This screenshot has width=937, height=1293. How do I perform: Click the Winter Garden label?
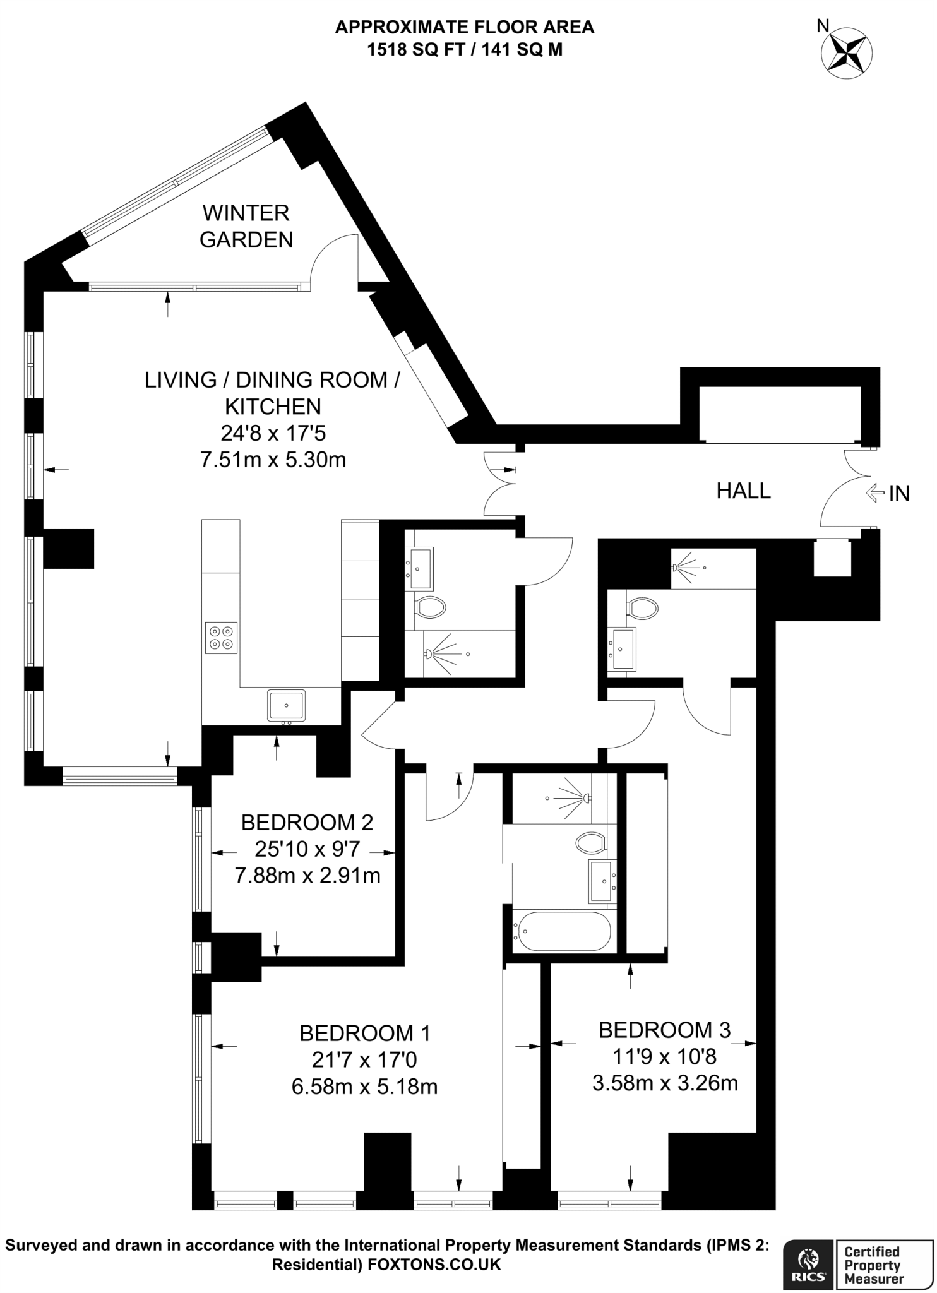pos(246,226)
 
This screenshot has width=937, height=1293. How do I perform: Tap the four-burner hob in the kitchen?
pos(221,637)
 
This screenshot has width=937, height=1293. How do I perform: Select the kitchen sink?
pos(286,705)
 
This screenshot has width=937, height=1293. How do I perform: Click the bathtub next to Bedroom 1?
pos(562,931)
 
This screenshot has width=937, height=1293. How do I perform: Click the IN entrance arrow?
pos(874,492)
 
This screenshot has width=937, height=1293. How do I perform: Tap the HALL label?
pos(743,491)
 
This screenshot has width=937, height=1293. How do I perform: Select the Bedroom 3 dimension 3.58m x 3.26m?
pos(664,1083)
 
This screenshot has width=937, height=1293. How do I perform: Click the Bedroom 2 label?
pos(307,822)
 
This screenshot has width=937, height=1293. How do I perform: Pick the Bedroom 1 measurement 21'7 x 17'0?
pos(364,1059)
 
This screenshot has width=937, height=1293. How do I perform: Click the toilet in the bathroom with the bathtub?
pos(591,842)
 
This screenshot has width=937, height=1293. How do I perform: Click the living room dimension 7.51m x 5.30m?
pos(273,460)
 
